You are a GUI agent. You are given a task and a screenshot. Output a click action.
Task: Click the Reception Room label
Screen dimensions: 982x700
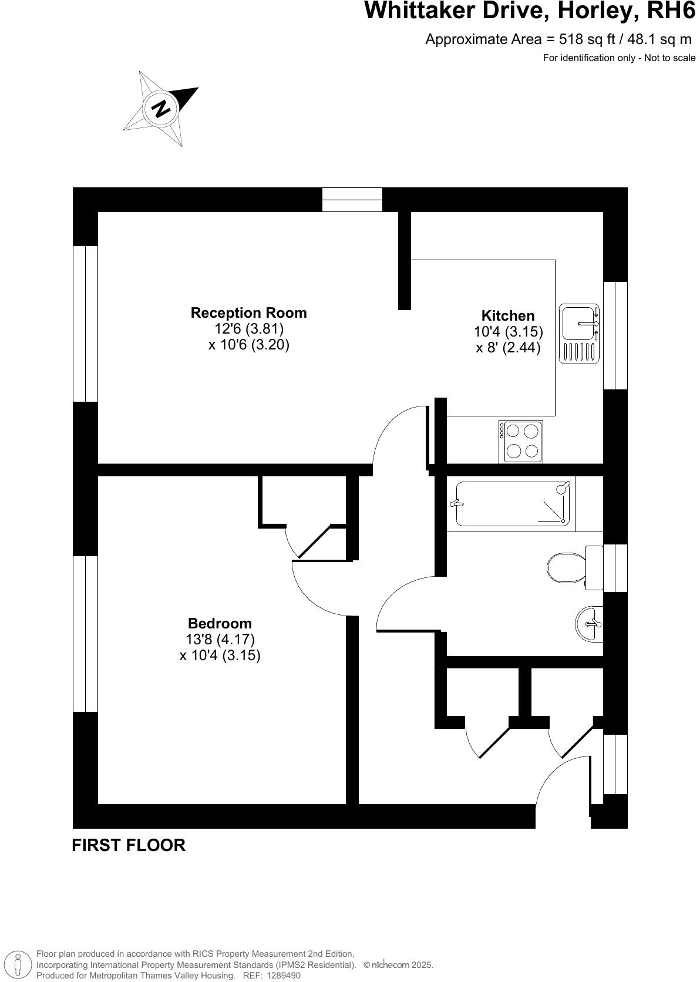248,313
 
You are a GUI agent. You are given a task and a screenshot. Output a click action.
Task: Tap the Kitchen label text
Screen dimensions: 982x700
508,316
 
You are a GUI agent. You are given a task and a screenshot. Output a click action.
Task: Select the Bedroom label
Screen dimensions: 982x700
220,624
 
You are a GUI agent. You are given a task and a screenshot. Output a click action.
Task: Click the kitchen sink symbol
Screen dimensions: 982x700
579,334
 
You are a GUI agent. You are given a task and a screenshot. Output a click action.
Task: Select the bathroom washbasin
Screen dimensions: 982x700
589,623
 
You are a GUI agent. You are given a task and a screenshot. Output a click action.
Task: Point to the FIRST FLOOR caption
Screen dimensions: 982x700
129,845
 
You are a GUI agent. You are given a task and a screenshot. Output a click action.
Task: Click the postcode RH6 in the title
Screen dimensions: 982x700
669,11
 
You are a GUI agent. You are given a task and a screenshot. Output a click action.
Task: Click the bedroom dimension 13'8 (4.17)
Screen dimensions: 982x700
220,640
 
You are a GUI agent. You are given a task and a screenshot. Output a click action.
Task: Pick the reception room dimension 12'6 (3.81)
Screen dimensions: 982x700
248,329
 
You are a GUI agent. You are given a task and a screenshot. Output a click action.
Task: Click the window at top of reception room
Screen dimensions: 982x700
352,200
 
